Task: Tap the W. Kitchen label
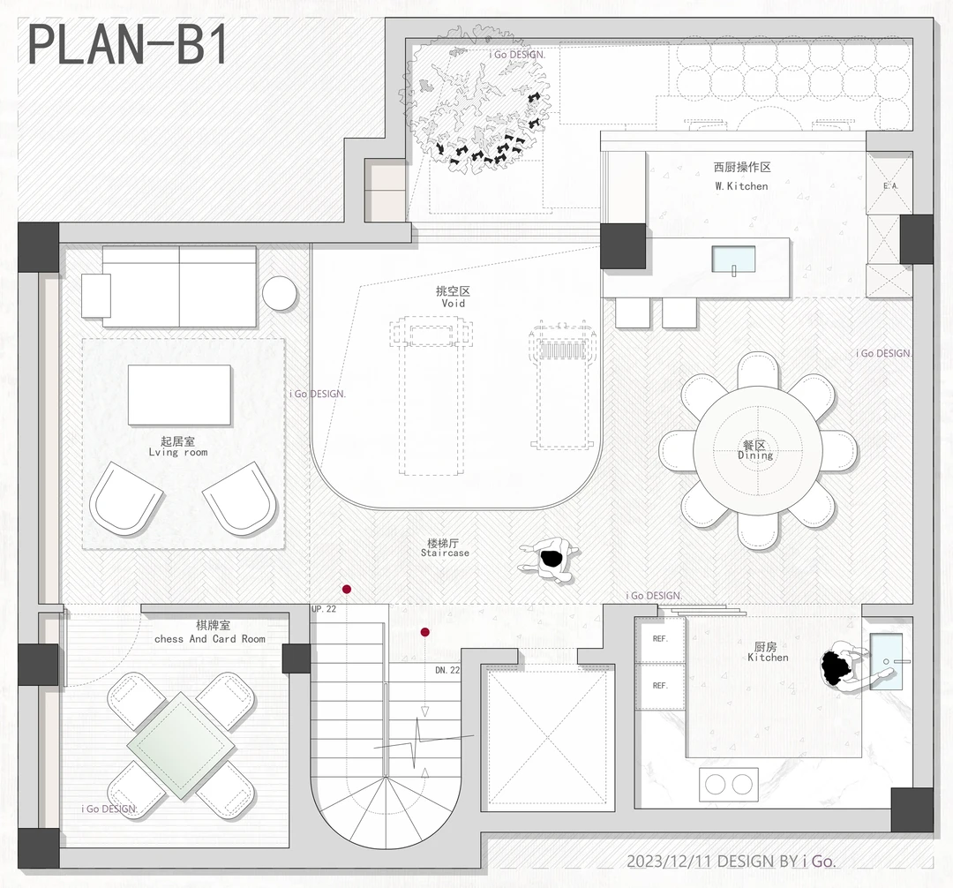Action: (x=741, y=186)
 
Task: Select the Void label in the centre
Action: (x=454, y=304)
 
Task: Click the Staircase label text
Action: (x=445, y=553)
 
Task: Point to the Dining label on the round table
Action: (x=755, y=455)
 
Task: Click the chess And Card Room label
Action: (x=210, y=639)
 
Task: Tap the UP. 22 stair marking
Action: (x=324, y=609)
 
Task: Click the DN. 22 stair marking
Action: (x=447, y=670)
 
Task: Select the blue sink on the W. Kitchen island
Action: (x=733, y=260)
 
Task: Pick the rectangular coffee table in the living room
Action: (x=179, y=395)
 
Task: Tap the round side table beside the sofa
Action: (x=280, y=293)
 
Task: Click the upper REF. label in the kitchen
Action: (x=660, y=639)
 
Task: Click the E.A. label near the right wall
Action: (x=890, y=186)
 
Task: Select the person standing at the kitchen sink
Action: (x=848, y=666)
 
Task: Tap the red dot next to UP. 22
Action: (x=347, y=589)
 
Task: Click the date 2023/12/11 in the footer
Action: (x=670, y=862)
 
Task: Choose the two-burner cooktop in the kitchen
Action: (x=729, y=785)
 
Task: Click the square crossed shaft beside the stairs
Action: (x=548, y=739)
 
